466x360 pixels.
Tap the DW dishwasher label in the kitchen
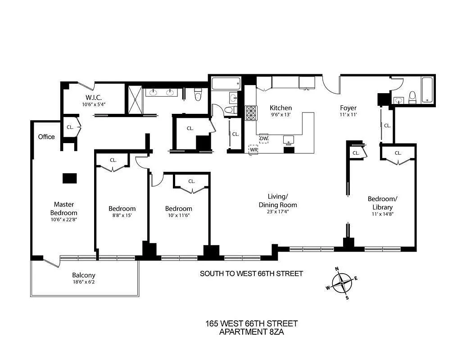pos(264,139)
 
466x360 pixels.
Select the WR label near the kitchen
pos(254,149)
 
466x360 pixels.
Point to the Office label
pos(46,137)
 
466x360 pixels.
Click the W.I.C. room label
pos(94,98)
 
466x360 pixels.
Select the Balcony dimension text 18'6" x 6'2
pos(84,282)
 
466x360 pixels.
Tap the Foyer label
pos(348,108)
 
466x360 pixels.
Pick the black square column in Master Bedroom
pos(69,178)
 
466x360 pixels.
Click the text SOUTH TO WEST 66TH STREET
pos(251,274)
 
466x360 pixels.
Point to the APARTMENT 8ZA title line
pos(251,332)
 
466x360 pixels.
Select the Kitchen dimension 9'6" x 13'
pos(281,115)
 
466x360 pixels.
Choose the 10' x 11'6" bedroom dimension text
pos(178,216)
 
